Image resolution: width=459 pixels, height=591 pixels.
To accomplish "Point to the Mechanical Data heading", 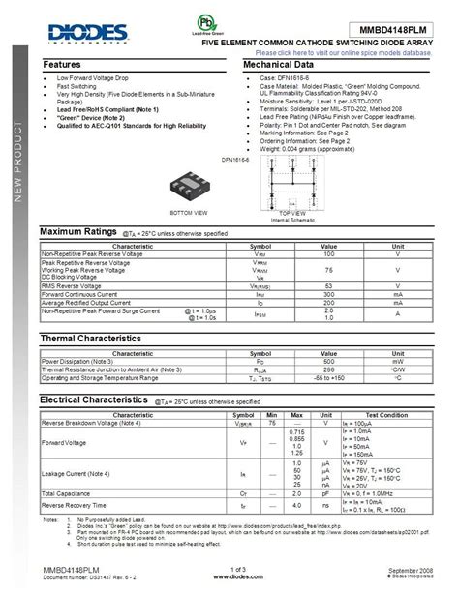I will click(282, 64).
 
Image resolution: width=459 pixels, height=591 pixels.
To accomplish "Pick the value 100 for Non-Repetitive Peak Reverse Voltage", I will click(328, 252).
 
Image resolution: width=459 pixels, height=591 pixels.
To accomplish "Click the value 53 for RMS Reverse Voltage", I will click(328, 286).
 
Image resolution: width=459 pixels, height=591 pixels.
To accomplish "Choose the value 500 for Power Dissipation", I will click(328, 360).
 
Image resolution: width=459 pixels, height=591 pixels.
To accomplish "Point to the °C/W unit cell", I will click(397, 369).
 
